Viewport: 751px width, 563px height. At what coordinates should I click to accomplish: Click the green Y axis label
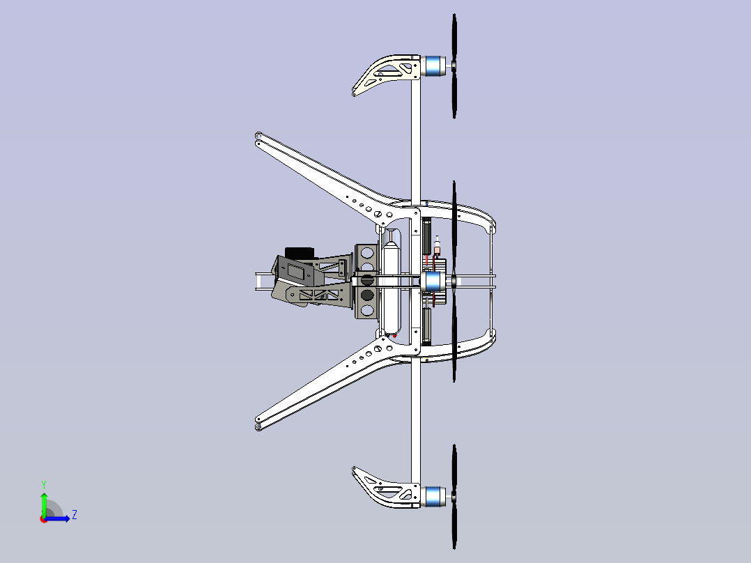(43, 484)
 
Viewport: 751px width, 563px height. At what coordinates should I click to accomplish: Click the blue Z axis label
(74, 515)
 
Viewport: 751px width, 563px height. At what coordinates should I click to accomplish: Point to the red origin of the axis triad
(44, 518)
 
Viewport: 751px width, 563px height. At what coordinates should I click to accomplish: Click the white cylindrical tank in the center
(391, 286)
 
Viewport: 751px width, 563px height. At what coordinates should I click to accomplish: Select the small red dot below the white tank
(395, 335)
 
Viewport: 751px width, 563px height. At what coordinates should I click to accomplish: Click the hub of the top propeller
(454, 65)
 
